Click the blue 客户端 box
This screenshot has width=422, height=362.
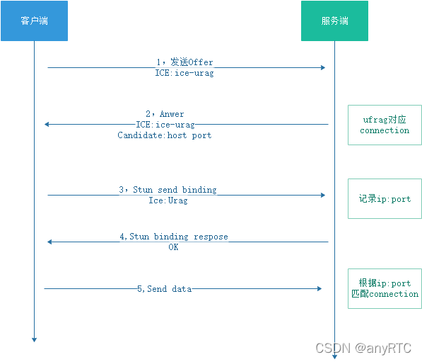pyautogui.click(x=34, y=21)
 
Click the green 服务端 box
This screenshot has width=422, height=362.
pyautogui.click(x=334, y=21)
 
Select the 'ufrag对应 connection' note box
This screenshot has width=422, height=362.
pyautogui.click(x=385, y=125)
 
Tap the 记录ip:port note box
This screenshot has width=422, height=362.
pyautogui.click(x=385, y=199)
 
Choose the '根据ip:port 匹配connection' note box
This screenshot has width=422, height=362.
pyautogui.click(x=385, y=288)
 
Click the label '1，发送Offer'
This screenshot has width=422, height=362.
pyautogui.click(x=184, y=62)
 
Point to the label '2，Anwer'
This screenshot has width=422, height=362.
pyautogui.click(x=165, y=114)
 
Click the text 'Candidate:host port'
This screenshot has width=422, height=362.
pyautogui.click(x=164, y=135)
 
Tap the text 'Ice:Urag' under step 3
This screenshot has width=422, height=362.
pyautogui.click(x=168, y=200)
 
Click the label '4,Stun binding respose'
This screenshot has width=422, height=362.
pyautogui.click(x=174, y=237)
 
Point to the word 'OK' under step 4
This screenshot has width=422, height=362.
pyautogui.click(x=173, y=247)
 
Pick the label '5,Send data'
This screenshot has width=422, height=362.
pyautogui.click(x=164, y=289)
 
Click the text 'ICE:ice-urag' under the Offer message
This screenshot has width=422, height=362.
pyautogui.click(x=184, y=73)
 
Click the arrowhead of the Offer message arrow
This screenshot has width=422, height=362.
pyautogui.click(x=322, y=68)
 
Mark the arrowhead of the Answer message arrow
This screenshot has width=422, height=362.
pyautogui.click(x=47, y=125)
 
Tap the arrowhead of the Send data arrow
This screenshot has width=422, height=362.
pyautogui.click(x=319, y=289)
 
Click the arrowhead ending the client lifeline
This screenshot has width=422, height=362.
pyautogui.click(x=34, y=340)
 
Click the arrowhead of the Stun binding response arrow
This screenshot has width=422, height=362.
pyautogui.click(x=50, y=242)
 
